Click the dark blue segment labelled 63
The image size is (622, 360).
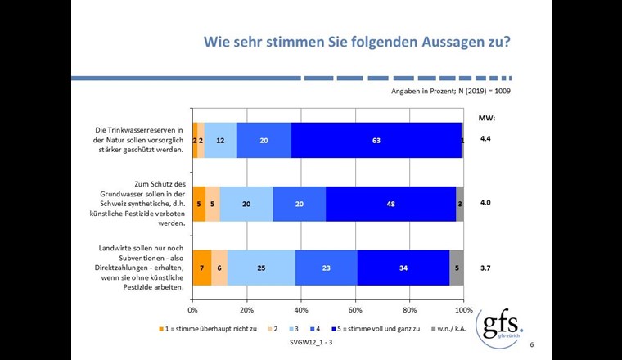[376, 140]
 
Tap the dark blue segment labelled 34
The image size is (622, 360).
[403, 268]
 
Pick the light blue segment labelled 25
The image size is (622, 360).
[261, 268]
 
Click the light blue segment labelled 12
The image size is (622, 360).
[220, 140]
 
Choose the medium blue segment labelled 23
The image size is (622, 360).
[326, 268]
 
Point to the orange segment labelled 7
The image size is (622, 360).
[201, 268]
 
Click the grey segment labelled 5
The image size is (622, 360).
[457, 268]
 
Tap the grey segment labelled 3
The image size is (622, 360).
[460, 204]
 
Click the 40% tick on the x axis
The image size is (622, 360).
[301, 311]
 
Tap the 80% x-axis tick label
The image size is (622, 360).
[409, 311]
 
